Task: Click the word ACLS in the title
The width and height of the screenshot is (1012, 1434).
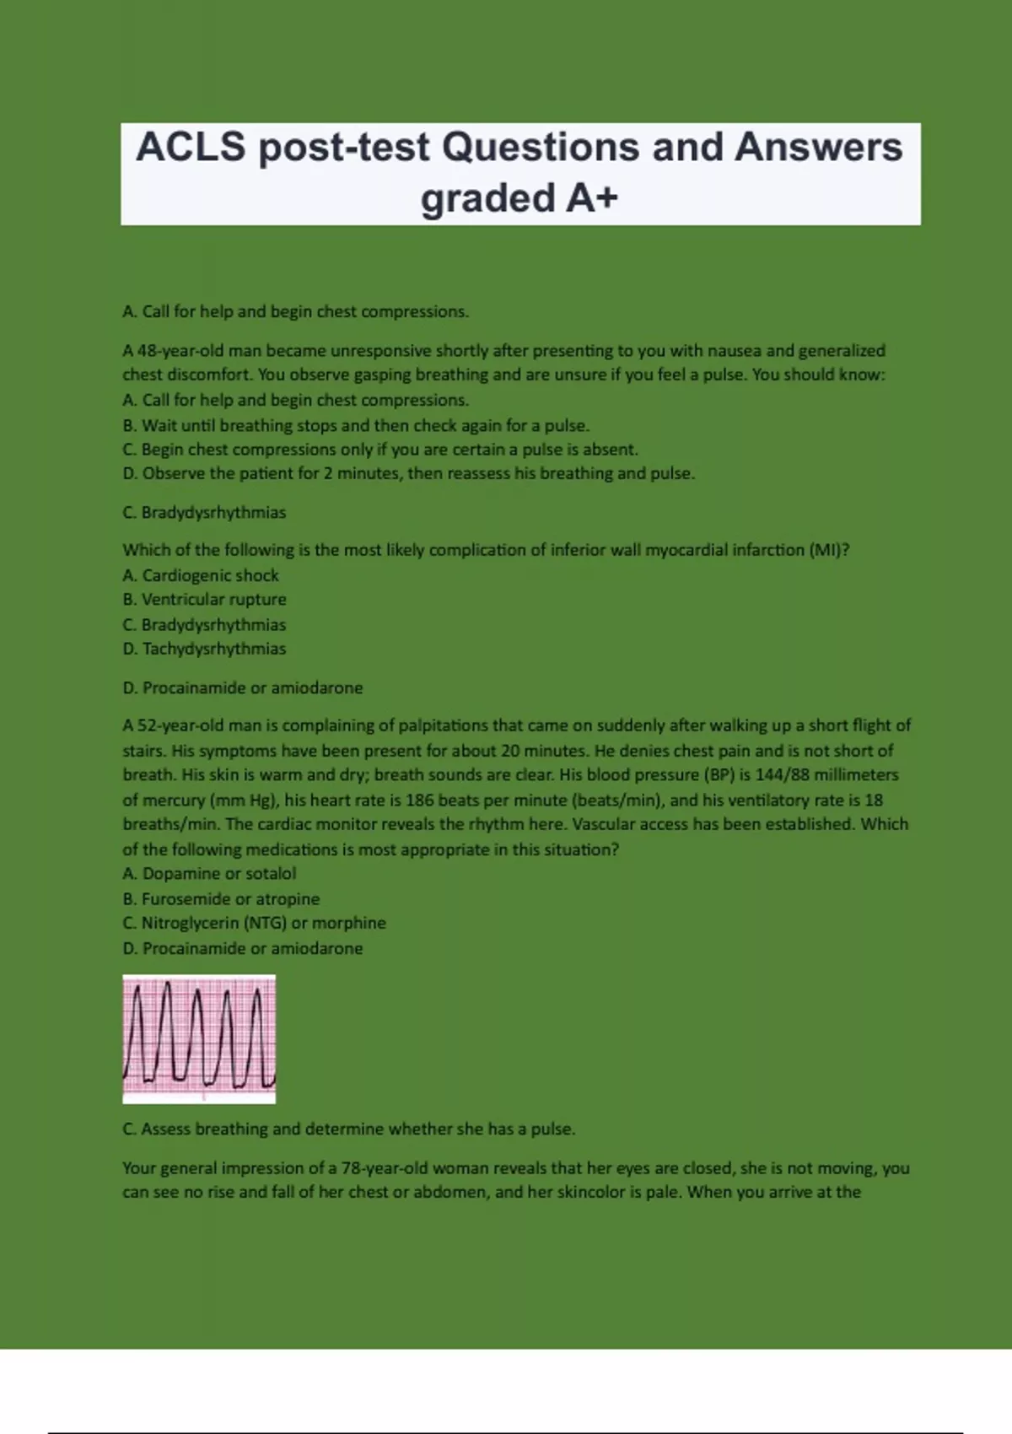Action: click(191, 148)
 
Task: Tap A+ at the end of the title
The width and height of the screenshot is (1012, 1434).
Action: click(592, 198)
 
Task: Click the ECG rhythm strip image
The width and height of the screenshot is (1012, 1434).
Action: click(199, 1038)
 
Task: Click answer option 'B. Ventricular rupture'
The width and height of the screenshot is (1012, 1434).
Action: click(204, 600)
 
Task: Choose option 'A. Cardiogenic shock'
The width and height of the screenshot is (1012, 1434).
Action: click(201, 575)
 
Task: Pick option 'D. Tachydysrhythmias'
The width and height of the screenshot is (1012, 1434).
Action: click(204, 649)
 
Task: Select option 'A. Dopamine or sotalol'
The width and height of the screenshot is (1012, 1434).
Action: click(209, 874)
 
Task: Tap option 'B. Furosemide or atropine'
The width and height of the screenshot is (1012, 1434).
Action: click(221, 899)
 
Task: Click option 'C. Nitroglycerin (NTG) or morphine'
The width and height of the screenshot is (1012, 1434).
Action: click(254, 923)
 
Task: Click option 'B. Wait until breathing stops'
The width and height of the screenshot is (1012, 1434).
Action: click(355, 425)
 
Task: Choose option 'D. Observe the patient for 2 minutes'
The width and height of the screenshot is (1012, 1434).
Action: click(408, 473)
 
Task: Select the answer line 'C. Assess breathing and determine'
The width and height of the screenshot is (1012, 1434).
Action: click(348, 1129)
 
